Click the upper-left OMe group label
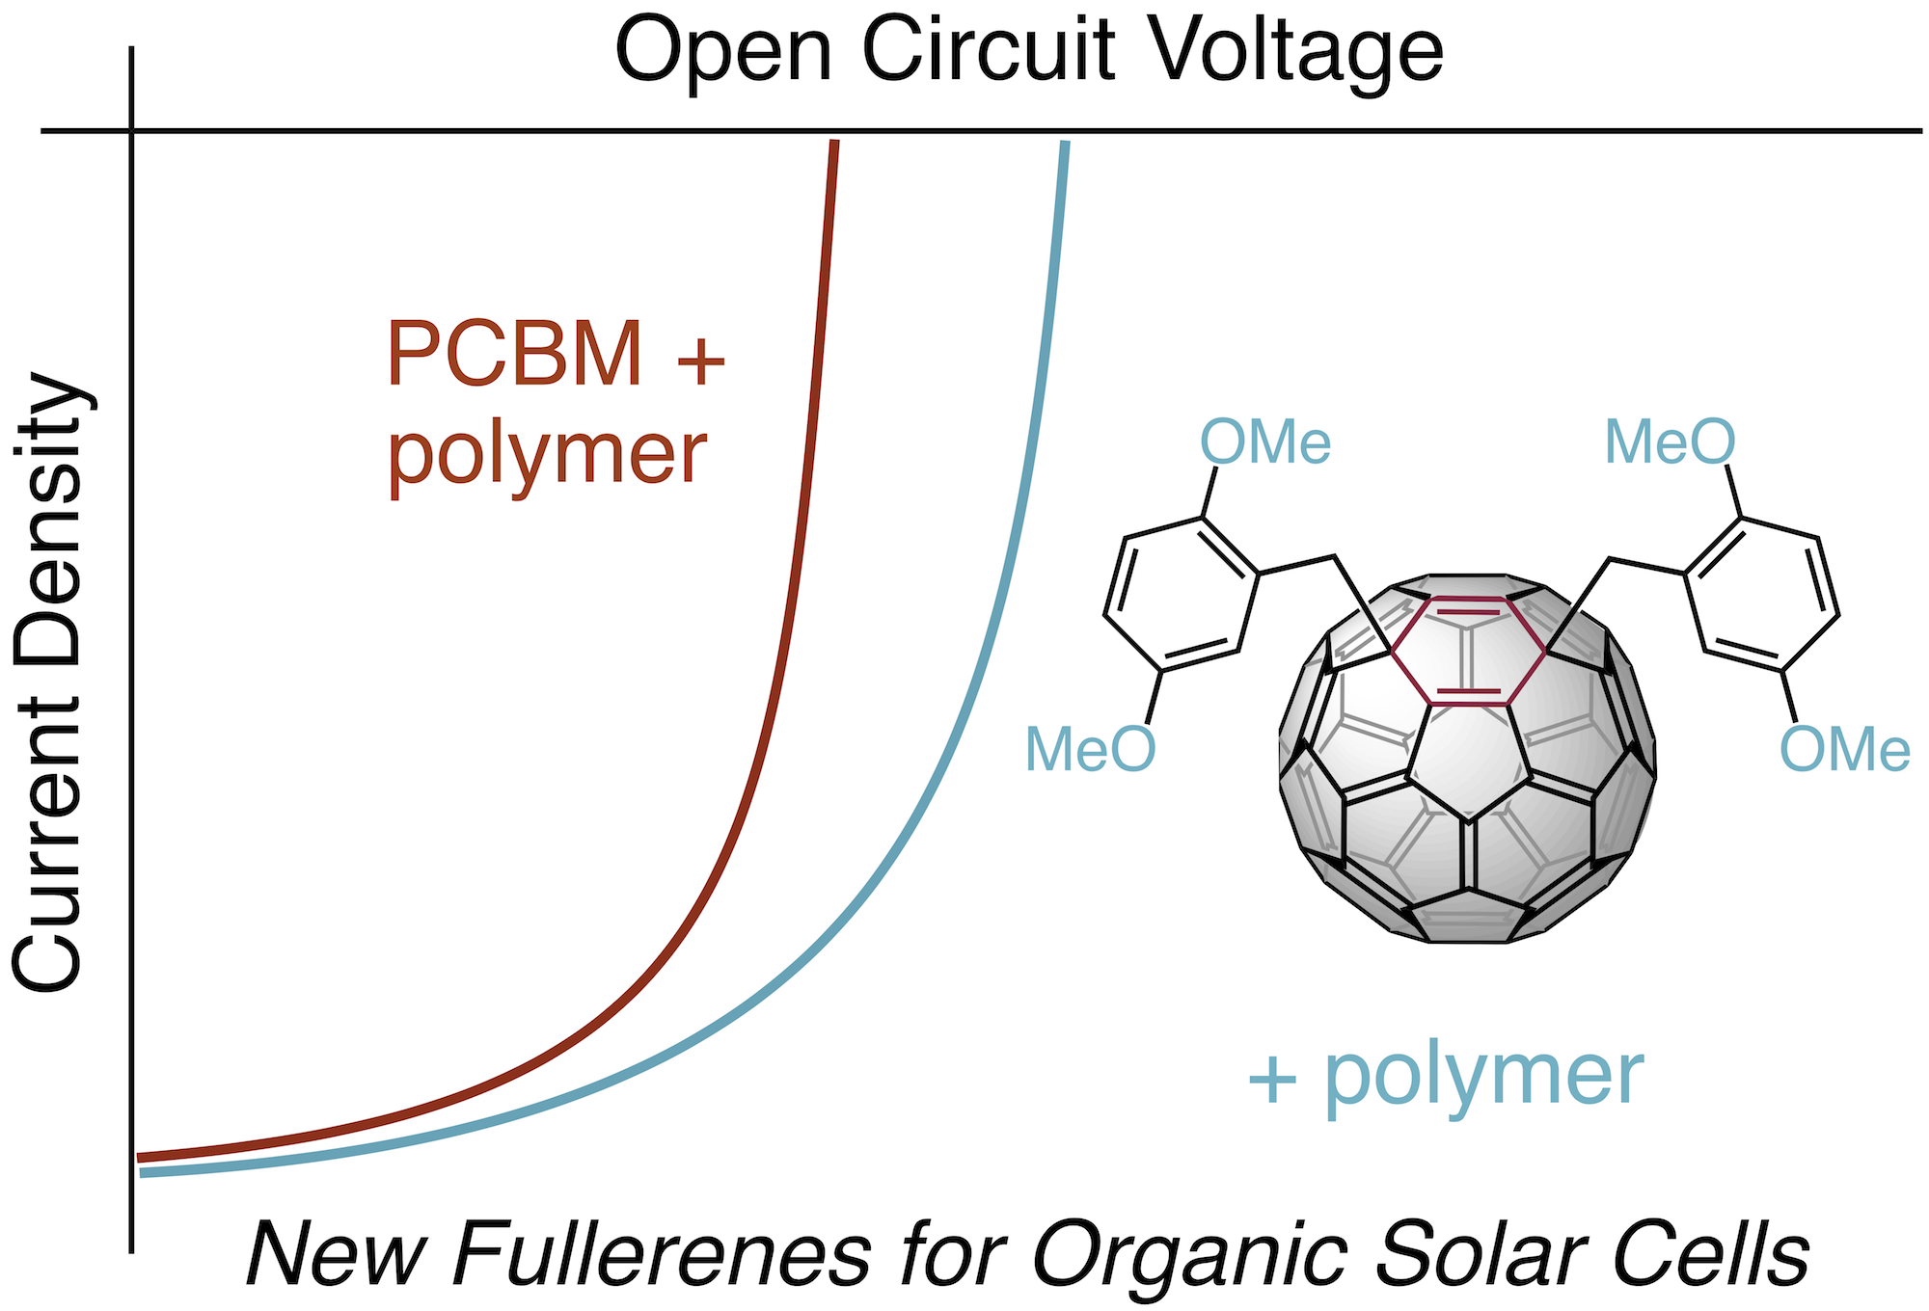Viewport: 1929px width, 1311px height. tap(1264, 443)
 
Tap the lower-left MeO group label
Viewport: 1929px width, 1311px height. tap(1090, 750)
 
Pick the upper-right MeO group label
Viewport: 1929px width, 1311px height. tap(1670, 443)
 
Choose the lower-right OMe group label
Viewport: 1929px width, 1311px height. tap(1844, 750)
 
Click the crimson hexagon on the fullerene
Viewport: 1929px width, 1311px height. tap(1467, 652)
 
